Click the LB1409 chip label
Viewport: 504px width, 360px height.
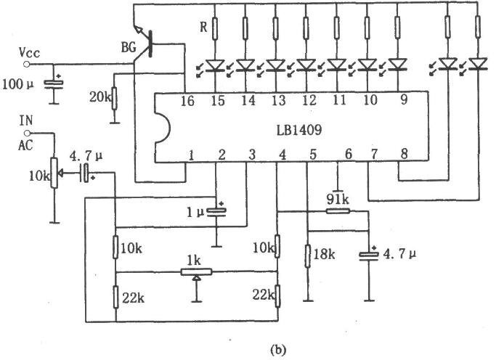(299, 130)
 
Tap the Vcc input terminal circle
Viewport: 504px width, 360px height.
(26, 65)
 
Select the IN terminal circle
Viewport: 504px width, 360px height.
(28, 133)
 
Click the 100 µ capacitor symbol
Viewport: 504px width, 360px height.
(54, 83)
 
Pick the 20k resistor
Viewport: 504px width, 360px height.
(114, 98)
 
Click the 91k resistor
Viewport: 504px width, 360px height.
(338, 211)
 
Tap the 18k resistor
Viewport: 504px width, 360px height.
(308, 256)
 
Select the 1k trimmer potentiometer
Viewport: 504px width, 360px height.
(196, 272)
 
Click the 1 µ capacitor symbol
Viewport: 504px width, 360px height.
(216, 211)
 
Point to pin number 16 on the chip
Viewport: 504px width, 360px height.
(187, 101)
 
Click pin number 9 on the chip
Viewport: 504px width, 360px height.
(404, 99)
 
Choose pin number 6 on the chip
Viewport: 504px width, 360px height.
(349, 155)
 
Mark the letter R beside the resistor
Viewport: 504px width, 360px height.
(203, 28)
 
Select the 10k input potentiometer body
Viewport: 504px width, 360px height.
(54, 173)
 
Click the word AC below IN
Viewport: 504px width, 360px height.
(25, 145)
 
